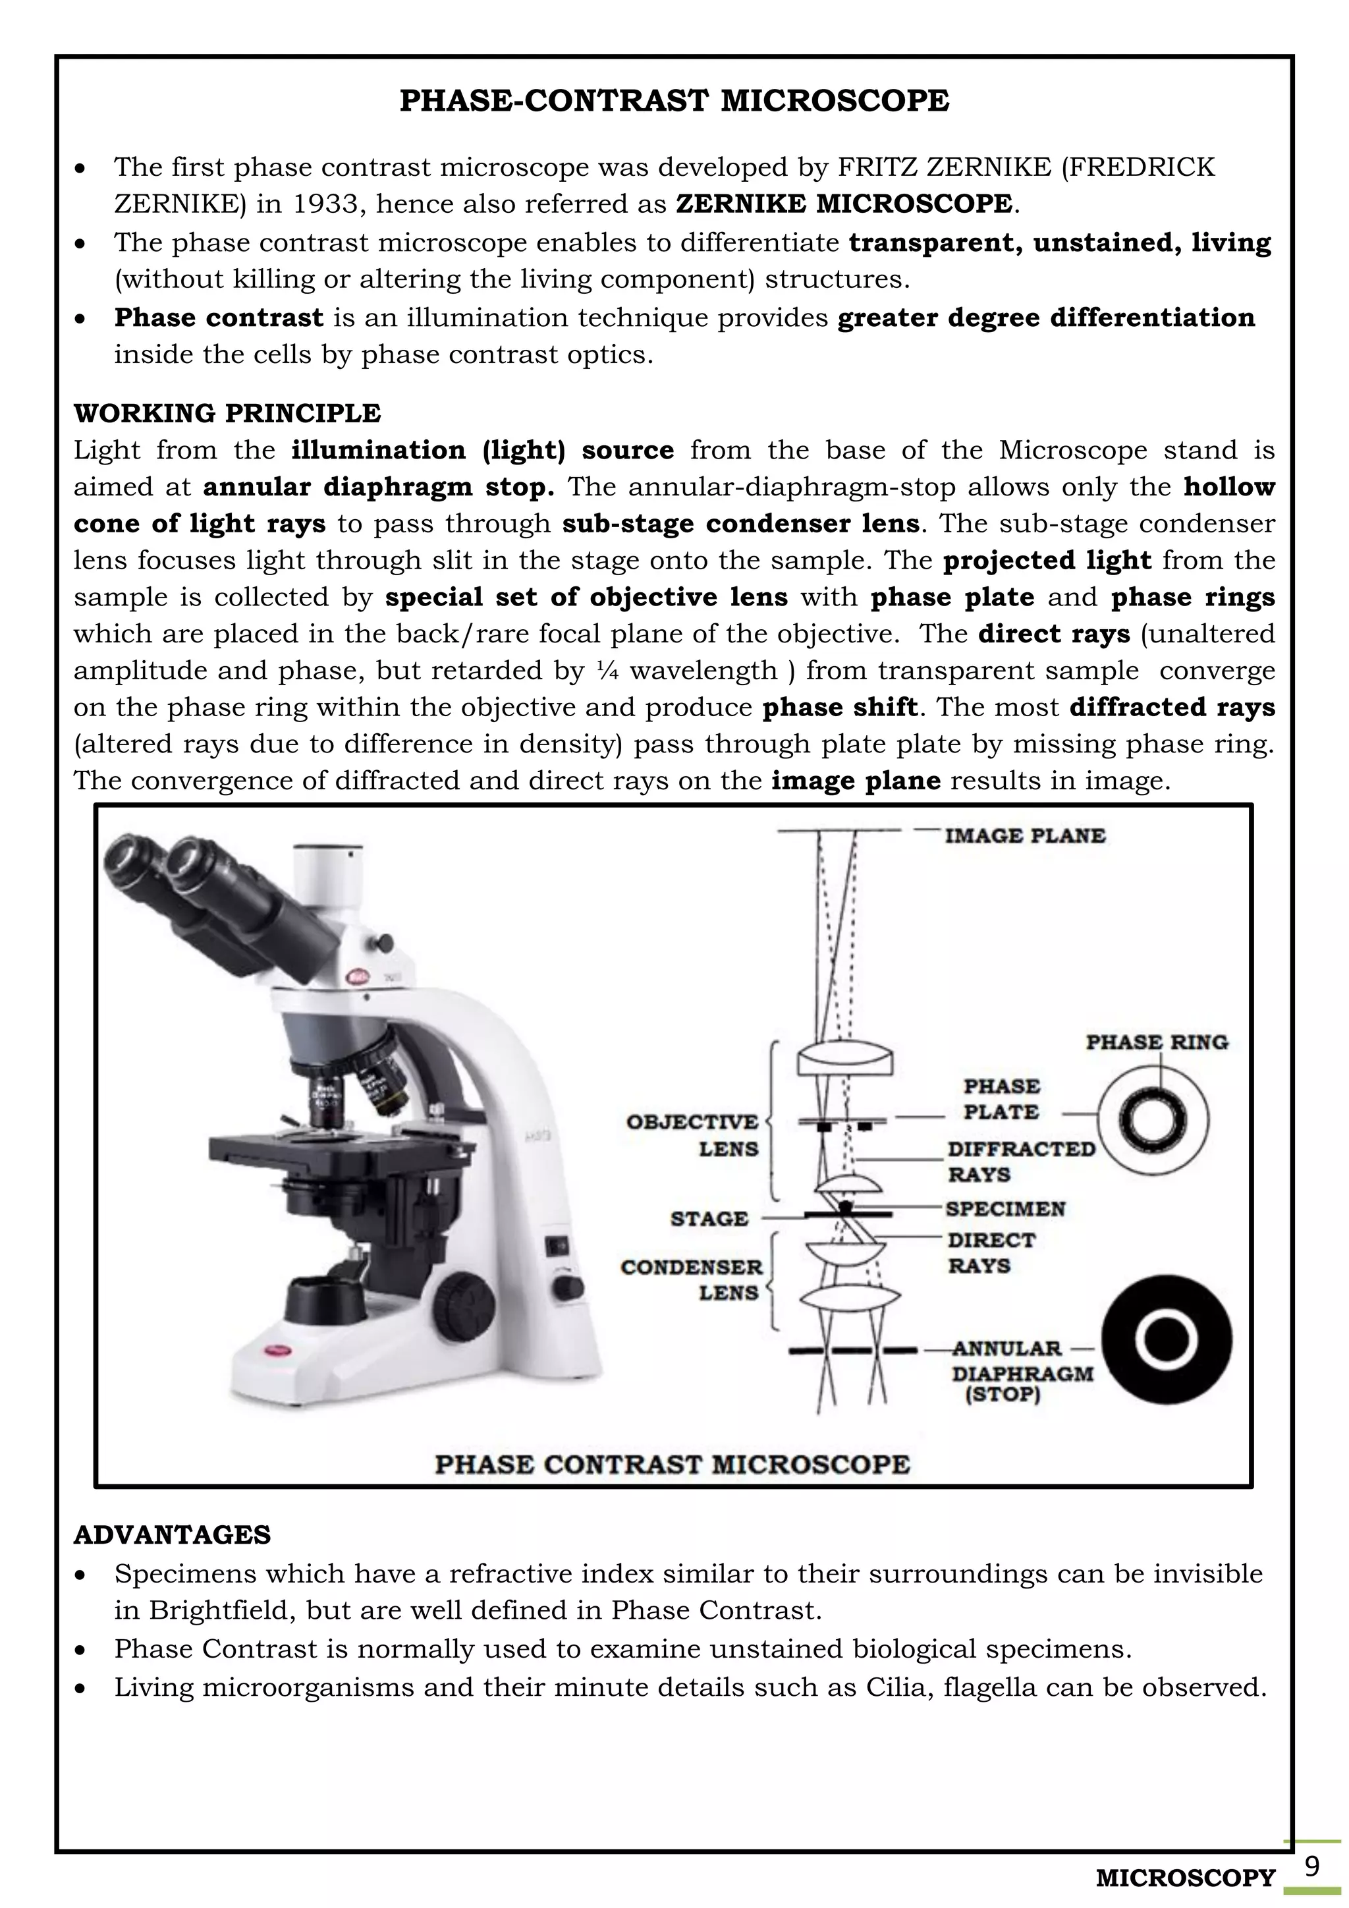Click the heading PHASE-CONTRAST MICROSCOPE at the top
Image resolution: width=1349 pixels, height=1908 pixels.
[x=674, y=101]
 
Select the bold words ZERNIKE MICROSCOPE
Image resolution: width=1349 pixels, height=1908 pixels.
[x=844, y=204]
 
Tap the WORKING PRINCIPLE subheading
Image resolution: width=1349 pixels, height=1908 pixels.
[x=227, y=413]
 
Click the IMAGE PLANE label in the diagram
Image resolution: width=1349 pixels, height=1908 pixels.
[x=1024, y=836]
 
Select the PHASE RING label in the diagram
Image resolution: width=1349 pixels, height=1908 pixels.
[x=1156, y=1042]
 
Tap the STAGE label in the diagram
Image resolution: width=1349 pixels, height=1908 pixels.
[x=709, y=1219]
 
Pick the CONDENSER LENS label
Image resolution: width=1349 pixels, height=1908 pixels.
[x=691, y=1279]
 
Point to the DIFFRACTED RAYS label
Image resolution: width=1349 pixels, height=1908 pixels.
[x=1021, y=1162]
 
